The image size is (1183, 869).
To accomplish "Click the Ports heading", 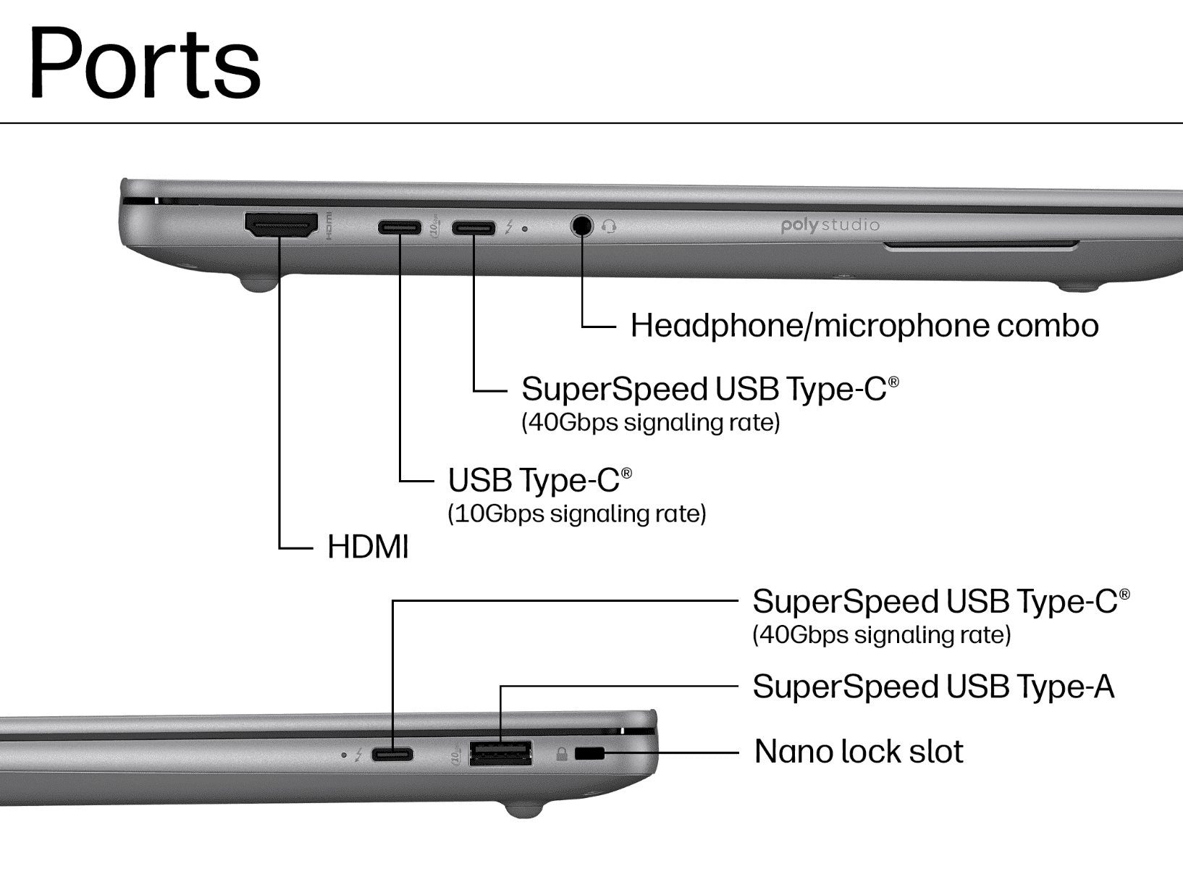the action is pyautogui.click(x=145, y=62).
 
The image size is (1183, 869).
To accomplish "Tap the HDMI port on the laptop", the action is pyautogui.click(x=281, y=225).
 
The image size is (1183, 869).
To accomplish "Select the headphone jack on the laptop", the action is pyautogui.click(x=581, y=226).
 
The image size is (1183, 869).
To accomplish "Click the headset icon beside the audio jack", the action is pyautogui.click(x=609, y=227).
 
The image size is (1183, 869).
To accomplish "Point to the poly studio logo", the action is pyautogui.click(x=830, y=225).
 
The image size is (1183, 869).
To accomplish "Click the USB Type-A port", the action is pyautogui.click(x=501, y=753).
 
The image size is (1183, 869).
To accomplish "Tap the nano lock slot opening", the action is pyautogui.click(x=589, y=753).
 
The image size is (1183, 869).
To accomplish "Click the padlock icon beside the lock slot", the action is pyautogui.click(x=561, y=754).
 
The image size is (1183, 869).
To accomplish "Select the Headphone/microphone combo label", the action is pyautogui.click(x=864, y=325).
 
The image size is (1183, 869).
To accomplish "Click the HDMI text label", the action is pyautogui.click(x=368, y=546).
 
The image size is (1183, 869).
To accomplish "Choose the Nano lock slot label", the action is pyautogui.click(x=859, y=751).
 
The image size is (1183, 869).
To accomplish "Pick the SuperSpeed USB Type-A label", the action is pyautogui.click(x=933, y=687).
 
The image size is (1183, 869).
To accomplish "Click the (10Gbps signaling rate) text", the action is pyautogui.click(x=577, y=514).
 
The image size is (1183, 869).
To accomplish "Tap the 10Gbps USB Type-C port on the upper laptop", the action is pyautogui.click(x=400, y=227).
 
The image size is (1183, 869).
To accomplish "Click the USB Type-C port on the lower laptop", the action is pyautogui.click(x=393, y=755).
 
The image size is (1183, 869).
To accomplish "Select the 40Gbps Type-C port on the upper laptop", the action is pyautogui.click(x=473, y=227).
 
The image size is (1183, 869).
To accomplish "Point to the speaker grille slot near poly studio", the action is pyautogui.click(x=981, y=245).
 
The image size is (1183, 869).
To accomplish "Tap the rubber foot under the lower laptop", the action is pyautogui.click(x=524, y=810).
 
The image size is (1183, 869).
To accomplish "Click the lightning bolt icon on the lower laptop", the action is pyautogui.click(x=358, y=755).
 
